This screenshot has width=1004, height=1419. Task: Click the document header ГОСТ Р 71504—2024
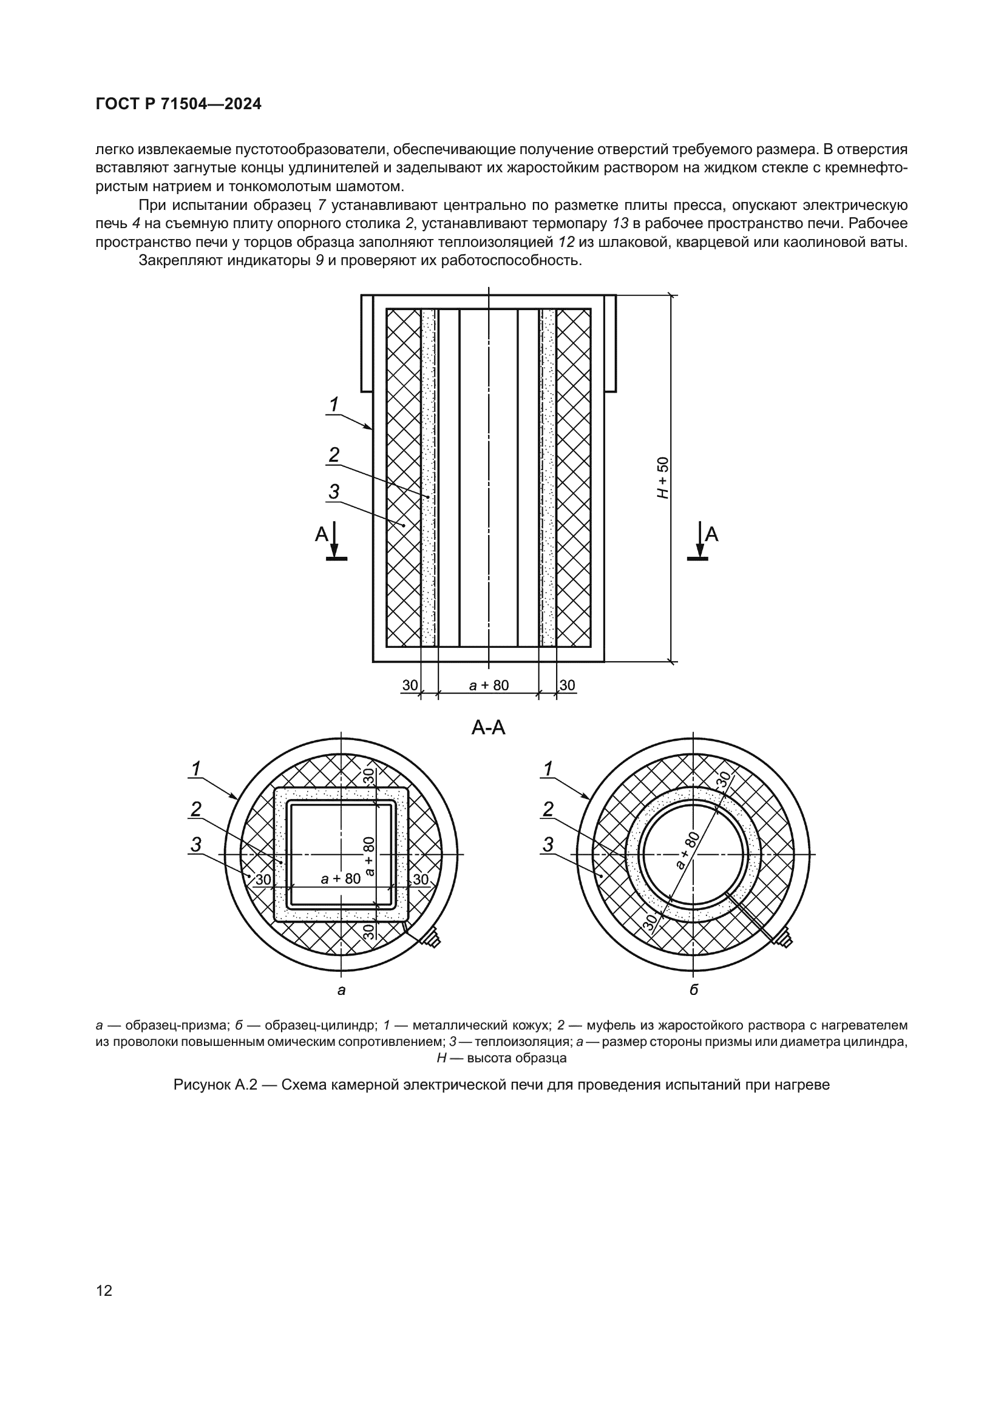tap(178, 104)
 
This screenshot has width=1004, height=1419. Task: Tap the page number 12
tap(104, 1290)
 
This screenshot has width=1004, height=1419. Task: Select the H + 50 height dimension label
tap(663, 477)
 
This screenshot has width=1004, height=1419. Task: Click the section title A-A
tap(489, 728)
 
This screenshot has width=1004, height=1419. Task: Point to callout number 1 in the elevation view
tap(334, 405)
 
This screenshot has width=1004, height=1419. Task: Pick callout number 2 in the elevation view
tap(334, 456)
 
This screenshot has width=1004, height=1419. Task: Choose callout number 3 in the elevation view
tap(334, 492)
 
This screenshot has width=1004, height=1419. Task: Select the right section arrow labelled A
tap(705, 538)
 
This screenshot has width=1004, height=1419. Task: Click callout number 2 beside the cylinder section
tap(548, 809)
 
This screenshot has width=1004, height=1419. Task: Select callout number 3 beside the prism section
tap(196, 844)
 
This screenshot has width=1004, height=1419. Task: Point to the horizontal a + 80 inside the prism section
tap(341, 878)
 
